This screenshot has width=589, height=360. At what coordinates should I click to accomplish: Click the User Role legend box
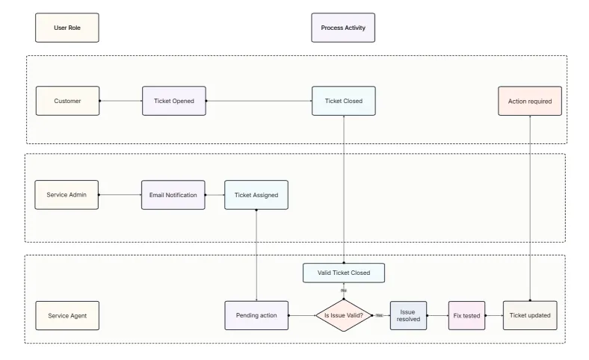tap(67, 28)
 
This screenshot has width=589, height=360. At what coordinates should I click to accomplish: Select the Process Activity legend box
tap(343, 28)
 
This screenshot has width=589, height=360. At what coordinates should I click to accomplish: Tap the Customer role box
tap(67, 101)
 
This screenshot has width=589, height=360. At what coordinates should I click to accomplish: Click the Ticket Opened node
tap(173, 101)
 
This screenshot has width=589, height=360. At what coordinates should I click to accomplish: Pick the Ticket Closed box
tap(343, 101)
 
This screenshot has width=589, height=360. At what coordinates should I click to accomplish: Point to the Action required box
tap(529, 101)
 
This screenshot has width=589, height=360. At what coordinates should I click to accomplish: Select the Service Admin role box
tap(67, 195)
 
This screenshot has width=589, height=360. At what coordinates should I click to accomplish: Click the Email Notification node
tap(172, 195)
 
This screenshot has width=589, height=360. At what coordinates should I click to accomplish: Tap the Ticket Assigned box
tap(256, 195)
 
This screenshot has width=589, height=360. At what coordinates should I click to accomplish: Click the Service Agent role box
tap(67, 315)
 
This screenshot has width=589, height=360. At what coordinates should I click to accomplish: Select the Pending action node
tap(256, 315)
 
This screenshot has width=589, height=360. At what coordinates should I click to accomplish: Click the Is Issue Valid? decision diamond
tap(343, 315)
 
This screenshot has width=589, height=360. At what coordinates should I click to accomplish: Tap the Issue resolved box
tap(408, 315)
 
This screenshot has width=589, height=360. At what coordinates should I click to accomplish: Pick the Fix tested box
tap(467, 315)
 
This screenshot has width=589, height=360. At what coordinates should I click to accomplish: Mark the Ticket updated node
tap(529, 315)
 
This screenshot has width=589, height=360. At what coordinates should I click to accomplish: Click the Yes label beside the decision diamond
tap(379, 315)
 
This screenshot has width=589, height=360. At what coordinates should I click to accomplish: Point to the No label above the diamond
tap(343, 290)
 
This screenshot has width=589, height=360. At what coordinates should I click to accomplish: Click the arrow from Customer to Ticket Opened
tap(120, 101)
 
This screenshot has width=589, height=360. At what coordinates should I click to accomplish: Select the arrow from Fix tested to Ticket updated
tap(494, 315)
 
